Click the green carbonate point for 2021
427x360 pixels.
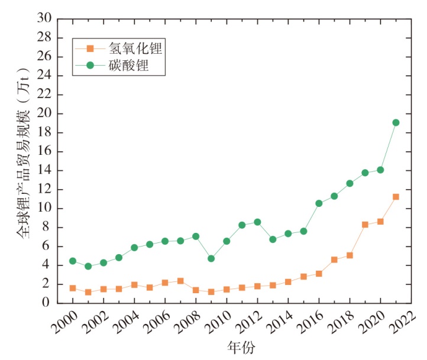(x=396, y=123)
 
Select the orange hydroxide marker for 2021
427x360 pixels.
(x=396, y=197)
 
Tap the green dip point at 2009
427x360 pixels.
(x=211, y=258)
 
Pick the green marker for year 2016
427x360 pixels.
(x=319, y=203)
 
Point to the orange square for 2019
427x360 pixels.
(x=365, y=225)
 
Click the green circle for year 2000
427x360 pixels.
(x=73, y=261)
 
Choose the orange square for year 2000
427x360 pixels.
(x=73, y=288)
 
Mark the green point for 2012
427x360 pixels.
(x=257, y=222)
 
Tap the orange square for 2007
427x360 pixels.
(x=180, y=281)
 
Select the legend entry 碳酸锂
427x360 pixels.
(x=128, y=66)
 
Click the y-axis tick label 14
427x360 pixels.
(x=45, y=171)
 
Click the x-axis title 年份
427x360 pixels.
(x=241, y=348)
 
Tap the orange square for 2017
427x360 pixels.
(x=334, y=260)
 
